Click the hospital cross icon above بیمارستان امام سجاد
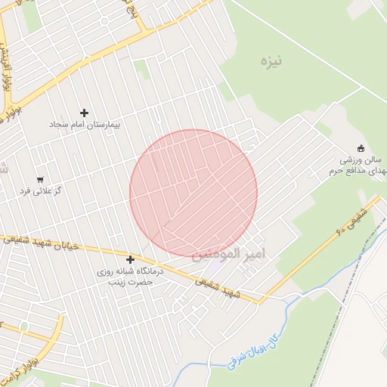pyautogui.click(x=84, y=113)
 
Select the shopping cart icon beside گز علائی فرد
pyautogui.click(x=39, y=180)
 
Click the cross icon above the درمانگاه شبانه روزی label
pyautogui.click(x=130, y=259)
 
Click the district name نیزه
pyautogui.click(x=268, y=60)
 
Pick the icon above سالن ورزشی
pyautogui.click(x=361, y=148)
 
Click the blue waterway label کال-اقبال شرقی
pyautogui.click(x=254, y=350)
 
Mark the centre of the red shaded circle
pyautogui.click(x=193, y=193)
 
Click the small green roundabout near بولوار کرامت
pyautogui.click(x=23, y=327)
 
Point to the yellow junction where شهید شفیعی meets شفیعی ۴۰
pyautogui.click(x=261, y=302)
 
